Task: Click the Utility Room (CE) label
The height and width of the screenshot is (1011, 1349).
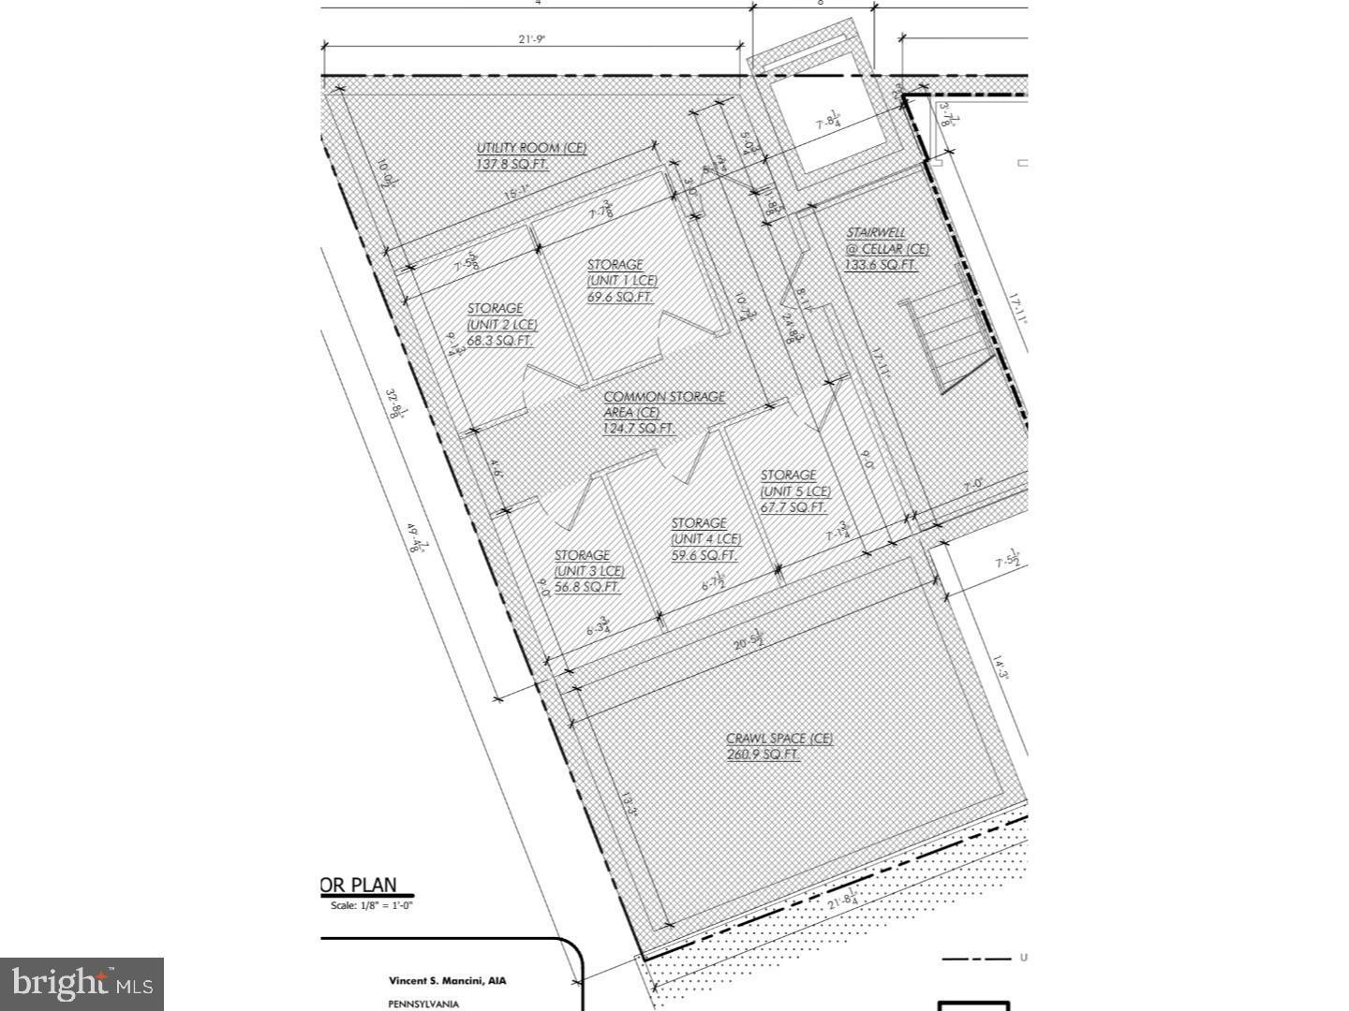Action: point(531,148)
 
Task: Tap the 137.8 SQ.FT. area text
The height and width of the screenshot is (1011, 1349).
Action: point(512,165)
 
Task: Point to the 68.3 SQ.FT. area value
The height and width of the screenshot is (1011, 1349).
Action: point(500,341)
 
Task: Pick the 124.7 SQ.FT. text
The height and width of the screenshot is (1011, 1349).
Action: point(639,429)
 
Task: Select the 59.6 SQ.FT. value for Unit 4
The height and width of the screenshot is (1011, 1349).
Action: point(704,555)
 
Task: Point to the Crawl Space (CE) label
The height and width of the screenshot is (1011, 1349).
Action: point(779,738)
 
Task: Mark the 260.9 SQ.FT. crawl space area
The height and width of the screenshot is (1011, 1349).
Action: point(763,755)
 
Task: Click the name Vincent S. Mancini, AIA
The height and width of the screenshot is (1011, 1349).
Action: point(447,981)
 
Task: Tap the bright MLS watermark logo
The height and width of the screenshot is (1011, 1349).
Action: point(82,984)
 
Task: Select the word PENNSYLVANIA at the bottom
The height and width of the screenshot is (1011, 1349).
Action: point(423,1004)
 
